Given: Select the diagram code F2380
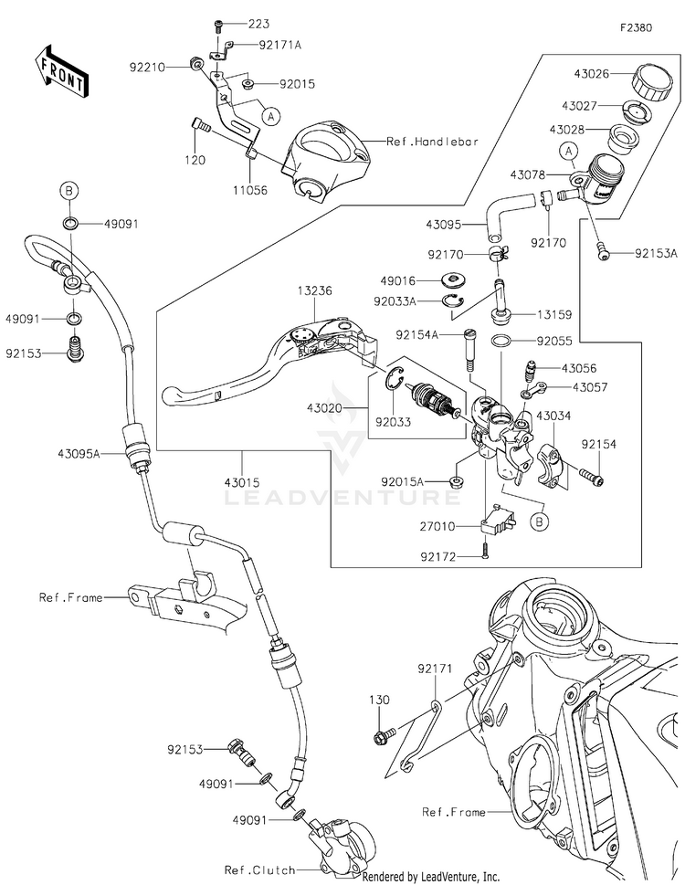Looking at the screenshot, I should click(x=636, y=28).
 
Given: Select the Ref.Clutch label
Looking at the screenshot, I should click(x=254, y=869).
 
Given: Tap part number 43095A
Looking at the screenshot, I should click(x=80, y=453).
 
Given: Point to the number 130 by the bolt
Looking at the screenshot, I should click(x=380, y=701).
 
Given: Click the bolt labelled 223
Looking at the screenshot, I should click(x=220, y=26).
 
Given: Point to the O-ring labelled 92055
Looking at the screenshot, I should click(x=501, y=341).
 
